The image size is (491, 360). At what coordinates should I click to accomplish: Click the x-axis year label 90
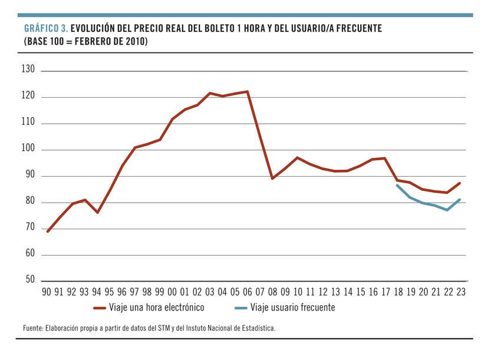46,292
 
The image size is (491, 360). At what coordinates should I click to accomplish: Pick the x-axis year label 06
247,292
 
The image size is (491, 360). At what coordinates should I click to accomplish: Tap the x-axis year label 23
460,292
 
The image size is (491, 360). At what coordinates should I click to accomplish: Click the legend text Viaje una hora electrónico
157,307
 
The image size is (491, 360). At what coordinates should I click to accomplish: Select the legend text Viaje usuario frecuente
292,307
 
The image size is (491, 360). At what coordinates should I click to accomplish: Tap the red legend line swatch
100,308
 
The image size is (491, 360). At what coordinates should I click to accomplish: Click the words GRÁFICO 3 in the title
46,29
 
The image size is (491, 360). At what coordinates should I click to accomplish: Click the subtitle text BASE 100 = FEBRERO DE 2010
85,42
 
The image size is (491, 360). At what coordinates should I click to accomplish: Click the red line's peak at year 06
247,91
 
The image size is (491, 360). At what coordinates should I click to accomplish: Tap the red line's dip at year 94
97,212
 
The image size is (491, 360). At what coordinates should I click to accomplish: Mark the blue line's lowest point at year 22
447,210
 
